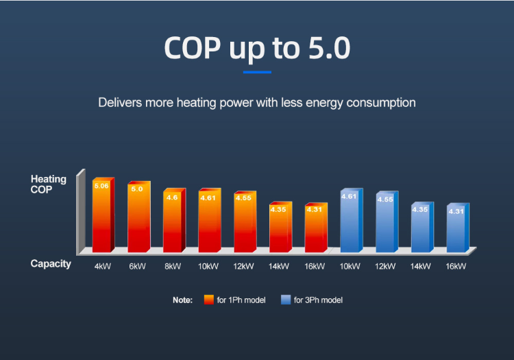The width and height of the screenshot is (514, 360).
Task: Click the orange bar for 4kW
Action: point(101,216)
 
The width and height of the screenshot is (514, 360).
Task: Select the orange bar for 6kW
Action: point(137,218)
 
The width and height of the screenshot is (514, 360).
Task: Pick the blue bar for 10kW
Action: point(350,221)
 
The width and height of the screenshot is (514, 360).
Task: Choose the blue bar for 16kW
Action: point(456,228)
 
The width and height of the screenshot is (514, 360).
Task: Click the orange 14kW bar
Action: point(278,228)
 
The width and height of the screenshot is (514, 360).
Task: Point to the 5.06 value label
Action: point(101,186)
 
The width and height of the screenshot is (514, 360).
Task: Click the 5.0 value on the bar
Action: point(137,189)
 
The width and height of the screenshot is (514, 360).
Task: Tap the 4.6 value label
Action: point(172,197)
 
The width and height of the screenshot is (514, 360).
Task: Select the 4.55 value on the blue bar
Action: point(385,200)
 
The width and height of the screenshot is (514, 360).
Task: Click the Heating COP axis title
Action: point(49,184)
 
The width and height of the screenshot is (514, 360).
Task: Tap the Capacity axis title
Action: point(51,264)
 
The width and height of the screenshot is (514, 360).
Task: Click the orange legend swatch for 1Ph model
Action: point(209,300)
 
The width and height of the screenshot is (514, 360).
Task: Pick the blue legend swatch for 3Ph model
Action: point(286,300)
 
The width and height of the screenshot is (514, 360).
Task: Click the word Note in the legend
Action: point(182,300)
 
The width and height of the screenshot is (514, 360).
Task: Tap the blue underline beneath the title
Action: point(257,71)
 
